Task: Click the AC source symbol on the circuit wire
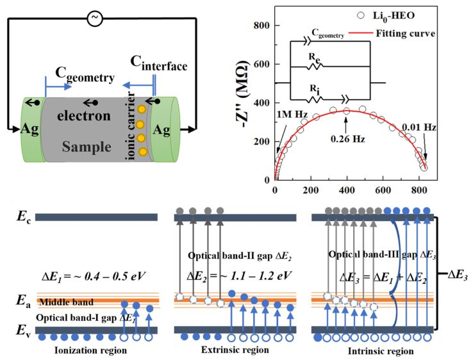tap(95, 19)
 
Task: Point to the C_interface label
tap(154, 64)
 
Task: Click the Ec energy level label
tap(23, 217)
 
